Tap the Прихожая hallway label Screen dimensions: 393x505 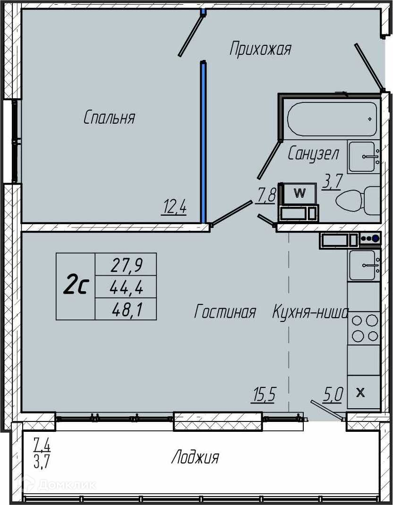(260, 49)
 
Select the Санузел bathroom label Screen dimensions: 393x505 (313, 154)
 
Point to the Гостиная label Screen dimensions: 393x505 (225, 312)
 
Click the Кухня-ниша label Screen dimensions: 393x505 (311, 312)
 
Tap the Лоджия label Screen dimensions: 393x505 (195, 457)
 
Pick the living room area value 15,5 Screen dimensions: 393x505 (264, 395)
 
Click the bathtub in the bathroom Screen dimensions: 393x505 (332, 119)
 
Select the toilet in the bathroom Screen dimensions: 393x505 (358, 200)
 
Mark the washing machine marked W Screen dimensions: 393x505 (299, 194)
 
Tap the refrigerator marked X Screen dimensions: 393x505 (364, 392)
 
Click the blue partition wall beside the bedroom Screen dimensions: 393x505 (203, 142)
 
